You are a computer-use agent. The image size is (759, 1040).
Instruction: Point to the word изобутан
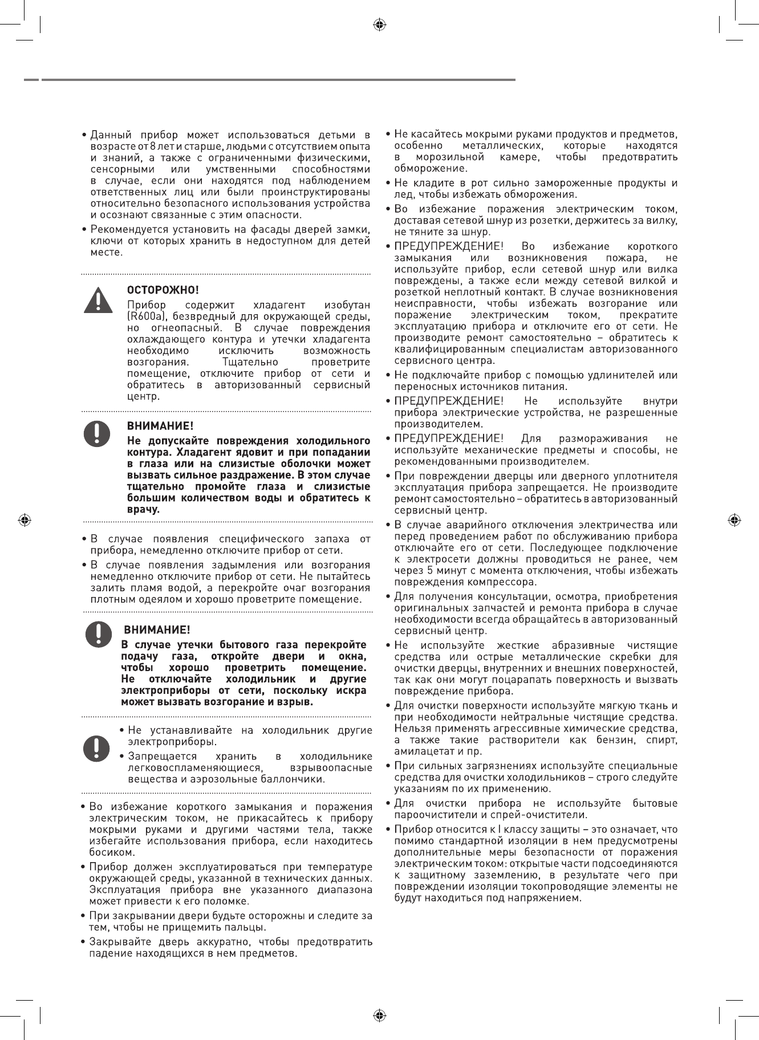pyautogui.click(x=346, y=305)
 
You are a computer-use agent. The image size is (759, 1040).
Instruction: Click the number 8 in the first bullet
pyautogui.click(x=161, y=147)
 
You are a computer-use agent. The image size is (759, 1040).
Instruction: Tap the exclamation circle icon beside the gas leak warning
pyautogui.click(x=98, y=633)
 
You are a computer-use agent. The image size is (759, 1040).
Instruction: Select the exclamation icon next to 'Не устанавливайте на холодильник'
pyautogui.click(x=97, y=748)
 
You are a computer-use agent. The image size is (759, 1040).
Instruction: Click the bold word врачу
pyautogui.click(x=143, y=509)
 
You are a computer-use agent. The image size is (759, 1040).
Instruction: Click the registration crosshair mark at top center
pyautogui.click(x=379, y=25)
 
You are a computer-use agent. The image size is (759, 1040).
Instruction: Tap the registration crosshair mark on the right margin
pyautogui.click(x=734, y=520)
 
